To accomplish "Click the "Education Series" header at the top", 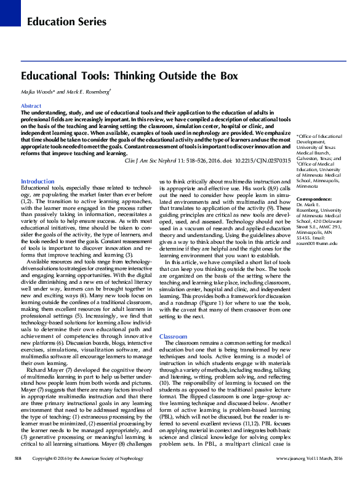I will coord(66,22).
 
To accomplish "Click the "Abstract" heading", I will coord(31,106).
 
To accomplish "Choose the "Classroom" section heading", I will coord(172,337).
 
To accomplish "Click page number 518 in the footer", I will coord(18,476).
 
